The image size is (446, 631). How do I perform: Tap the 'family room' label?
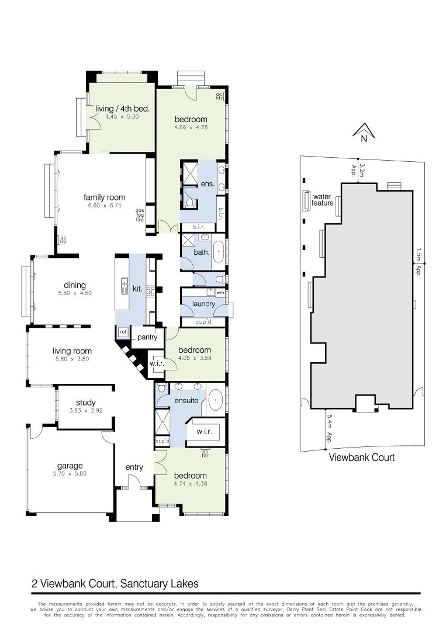tap(104, 197)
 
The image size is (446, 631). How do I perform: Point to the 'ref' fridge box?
tap(123, 332)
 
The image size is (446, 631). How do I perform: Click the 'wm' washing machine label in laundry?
tap(220, 293)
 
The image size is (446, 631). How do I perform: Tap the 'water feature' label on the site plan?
tap(323, 200)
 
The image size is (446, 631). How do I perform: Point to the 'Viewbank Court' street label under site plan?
tap(361, 457)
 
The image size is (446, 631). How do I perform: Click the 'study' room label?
tap(86, 403)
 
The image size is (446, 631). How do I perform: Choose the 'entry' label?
tap(134, 467)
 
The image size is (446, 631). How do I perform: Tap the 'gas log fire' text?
tap(140, 215)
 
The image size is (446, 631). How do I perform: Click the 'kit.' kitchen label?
tap(137, 289)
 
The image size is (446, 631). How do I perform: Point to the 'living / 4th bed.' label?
tap(123, 109)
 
